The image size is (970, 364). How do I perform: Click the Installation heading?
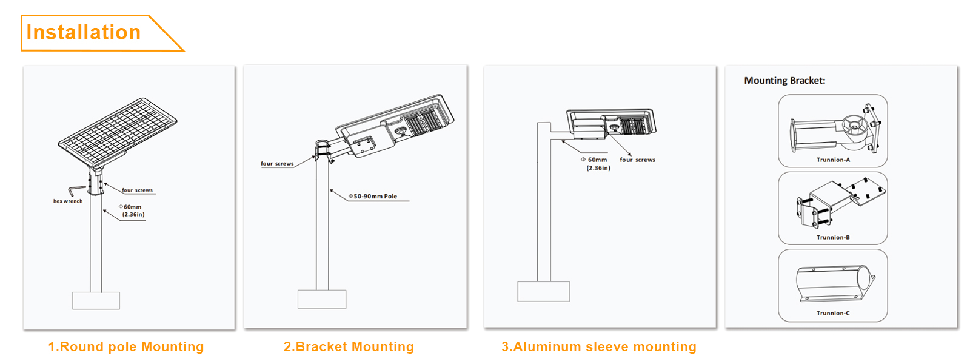click(x=84, y=33)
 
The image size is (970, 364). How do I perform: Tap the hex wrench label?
click(x=68, y=201)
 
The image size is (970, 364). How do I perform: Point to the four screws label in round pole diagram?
click(x=138, y=190)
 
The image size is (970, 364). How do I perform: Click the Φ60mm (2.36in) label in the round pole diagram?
click(x=133, y=211)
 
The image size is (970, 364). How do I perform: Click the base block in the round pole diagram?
click(x=96, y=300)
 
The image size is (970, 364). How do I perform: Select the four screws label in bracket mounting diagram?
click(x=277, y=164)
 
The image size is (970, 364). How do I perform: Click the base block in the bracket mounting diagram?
click(x=322, y=299)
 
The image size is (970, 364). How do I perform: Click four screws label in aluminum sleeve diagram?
click(x=637, y=160)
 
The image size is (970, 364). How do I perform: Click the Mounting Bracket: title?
click(x=784, y=81)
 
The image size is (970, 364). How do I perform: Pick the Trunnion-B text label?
click(x=833, y=238)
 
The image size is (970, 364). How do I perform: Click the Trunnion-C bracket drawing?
click(x=833, y=283)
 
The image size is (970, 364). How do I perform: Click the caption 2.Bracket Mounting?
click(x=349, y=347)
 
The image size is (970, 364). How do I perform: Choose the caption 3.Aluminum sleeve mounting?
click(x=598, y=347)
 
